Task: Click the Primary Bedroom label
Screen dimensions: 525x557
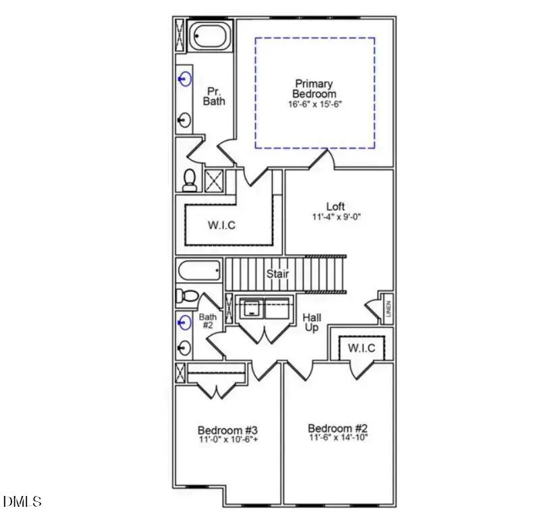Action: pos(314,89)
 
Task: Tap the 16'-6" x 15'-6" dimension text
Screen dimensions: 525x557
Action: pos(314,105)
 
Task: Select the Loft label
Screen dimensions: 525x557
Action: pos(336,206)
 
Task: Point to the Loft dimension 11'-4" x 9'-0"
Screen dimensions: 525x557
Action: pos(338,217)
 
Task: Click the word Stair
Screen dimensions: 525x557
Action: pos(277,273)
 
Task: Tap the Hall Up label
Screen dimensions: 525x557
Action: pos(311,323)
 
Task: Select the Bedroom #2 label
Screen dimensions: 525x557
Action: pos(338,429)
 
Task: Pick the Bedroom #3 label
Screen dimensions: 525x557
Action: pos(228,430)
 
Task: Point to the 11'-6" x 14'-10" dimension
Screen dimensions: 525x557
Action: pos(338,439)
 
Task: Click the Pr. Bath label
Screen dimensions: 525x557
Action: pos(214,95)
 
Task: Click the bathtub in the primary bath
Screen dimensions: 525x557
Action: pos(209,36)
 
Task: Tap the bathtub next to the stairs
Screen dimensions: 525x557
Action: pos(199,271)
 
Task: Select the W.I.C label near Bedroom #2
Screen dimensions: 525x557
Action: pos(361,348)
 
